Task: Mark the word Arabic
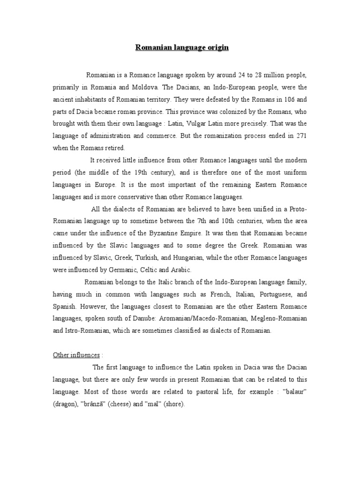181,270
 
